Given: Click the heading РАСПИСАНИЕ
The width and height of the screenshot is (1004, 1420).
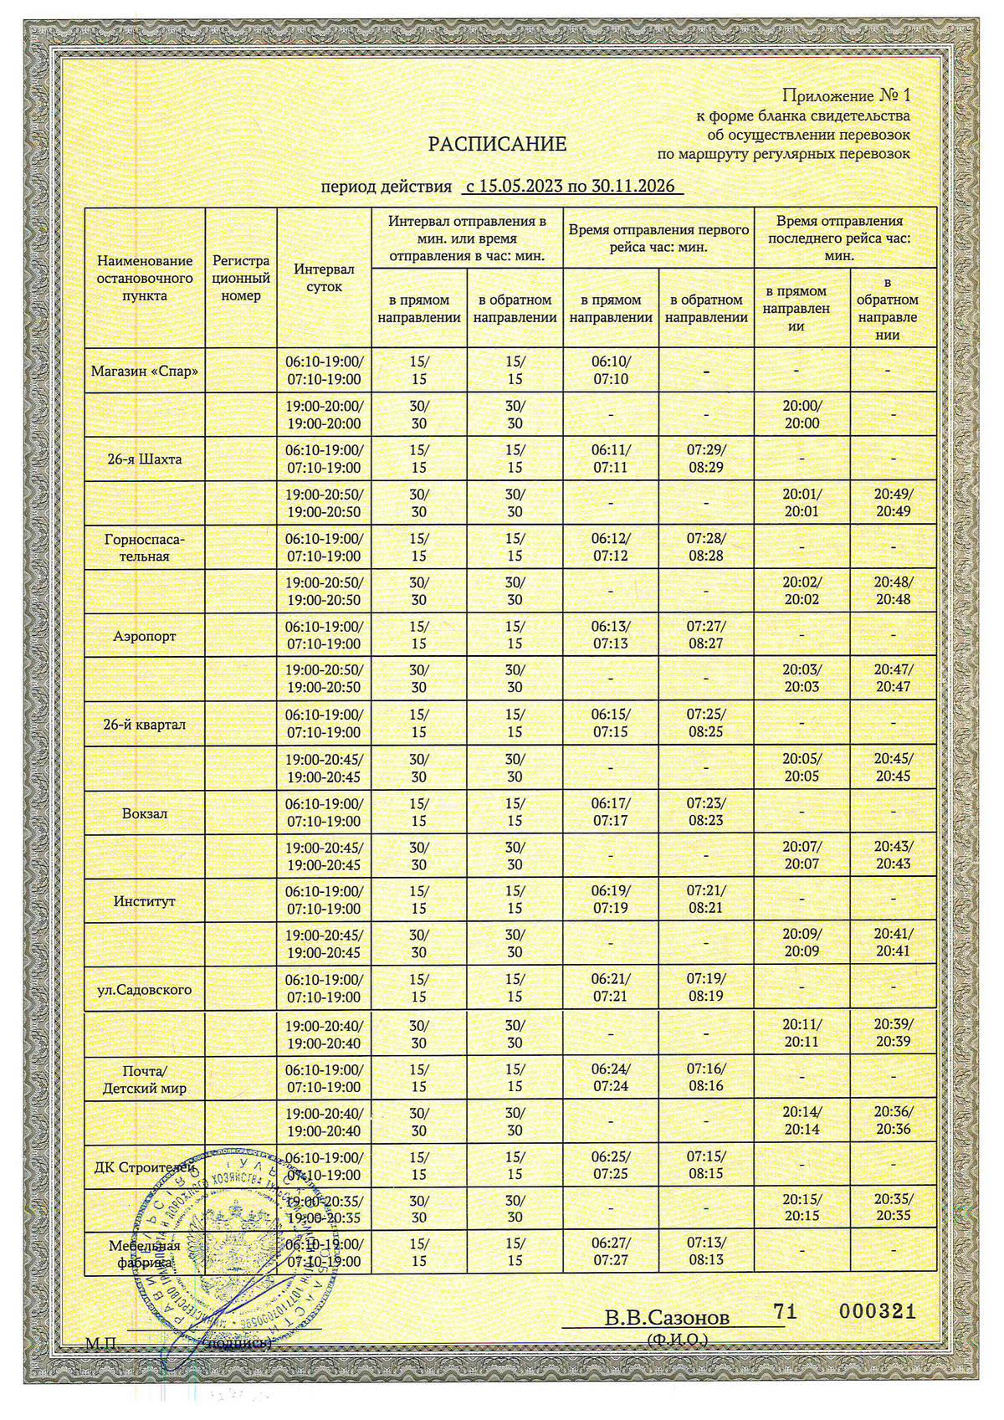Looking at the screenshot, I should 497,145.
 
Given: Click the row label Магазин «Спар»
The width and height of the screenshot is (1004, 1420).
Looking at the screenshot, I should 145,371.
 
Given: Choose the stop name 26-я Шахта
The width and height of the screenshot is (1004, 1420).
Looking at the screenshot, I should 145,459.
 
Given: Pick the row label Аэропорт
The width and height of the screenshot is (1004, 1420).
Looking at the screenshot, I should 145,636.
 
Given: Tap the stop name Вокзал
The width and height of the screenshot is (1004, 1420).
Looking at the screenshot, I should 145,813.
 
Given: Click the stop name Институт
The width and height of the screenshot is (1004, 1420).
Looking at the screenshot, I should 145,901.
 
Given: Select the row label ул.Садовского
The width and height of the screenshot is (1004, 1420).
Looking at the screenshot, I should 145,989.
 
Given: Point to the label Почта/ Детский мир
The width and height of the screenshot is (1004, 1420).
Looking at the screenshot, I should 145,1079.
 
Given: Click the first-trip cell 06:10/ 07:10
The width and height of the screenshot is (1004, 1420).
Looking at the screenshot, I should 611,371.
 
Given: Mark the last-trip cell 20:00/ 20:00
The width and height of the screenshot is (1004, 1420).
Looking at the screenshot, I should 802,415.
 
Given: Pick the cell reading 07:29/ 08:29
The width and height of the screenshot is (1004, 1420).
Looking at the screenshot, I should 706,459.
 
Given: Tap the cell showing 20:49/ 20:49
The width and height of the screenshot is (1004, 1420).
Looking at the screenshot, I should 894,503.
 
